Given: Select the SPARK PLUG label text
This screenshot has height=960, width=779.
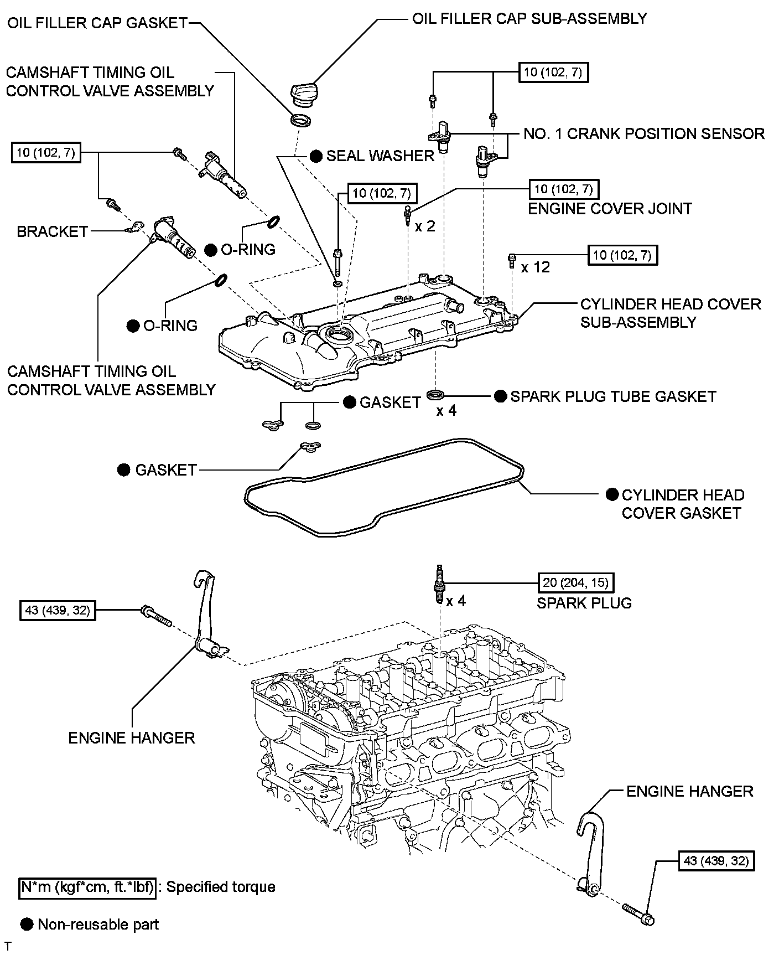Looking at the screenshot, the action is point(584,602).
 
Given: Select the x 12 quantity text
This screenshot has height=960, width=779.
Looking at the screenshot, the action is point(536,267).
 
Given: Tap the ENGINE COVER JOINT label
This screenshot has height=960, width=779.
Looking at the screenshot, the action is point(610,209).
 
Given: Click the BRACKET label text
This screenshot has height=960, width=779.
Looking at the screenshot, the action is point(53,231).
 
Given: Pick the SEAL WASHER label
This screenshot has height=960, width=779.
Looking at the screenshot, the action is point(380,156).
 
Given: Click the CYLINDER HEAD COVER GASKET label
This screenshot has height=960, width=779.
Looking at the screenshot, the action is point(683,504).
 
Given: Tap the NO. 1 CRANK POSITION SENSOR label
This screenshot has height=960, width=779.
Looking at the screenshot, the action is point(644,133).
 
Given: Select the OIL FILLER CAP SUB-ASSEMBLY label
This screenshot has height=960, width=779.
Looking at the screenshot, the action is point(529,18).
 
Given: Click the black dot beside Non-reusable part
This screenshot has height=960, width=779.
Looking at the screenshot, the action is point(27,924).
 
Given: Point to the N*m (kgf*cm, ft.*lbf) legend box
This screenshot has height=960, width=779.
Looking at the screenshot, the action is point(87,887).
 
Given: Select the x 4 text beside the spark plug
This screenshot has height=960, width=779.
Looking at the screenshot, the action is point(456,601).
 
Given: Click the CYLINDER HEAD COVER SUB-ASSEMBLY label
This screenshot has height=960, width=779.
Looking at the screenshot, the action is point(671,313).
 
